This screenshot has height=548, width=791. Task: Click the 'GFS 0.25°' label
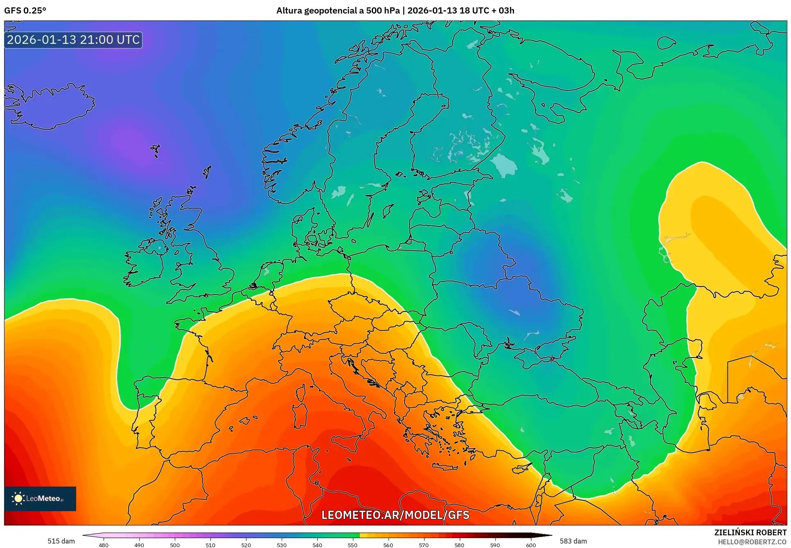coord(25,11)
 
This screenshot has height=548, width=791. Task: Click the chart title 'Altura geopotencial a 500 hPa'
coord(337,11)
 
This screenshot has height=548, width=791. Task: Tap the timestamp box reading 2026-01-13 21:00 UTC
coord(73,40)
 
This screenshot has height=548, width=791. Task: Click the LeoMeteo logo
coord(40,498)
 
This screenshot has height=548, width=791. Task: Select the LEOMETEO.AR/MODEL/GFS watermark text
coord(395,515)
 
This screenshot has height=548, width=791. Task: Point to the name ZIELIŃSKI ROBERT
coord(750,532)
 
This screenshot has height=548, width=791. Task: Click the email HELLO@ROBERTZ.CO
coord(752,542)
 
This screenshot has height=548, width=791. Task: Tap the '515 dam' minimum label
coord(61,541)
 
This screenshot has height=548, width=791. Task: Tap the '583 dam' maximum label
coord(573,541)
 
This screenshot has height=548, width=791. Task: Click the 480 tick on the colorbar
coord(104,545)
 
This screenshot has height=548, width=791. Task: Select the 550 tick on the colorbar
coord(353,545)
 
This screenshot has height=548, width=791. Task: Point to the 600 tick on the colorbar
coord(531,545)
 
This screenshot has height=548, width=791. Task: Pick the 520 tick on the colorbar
coord(246,545)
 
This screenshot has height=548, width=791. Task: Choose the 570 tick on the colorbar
coord(424,545)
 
